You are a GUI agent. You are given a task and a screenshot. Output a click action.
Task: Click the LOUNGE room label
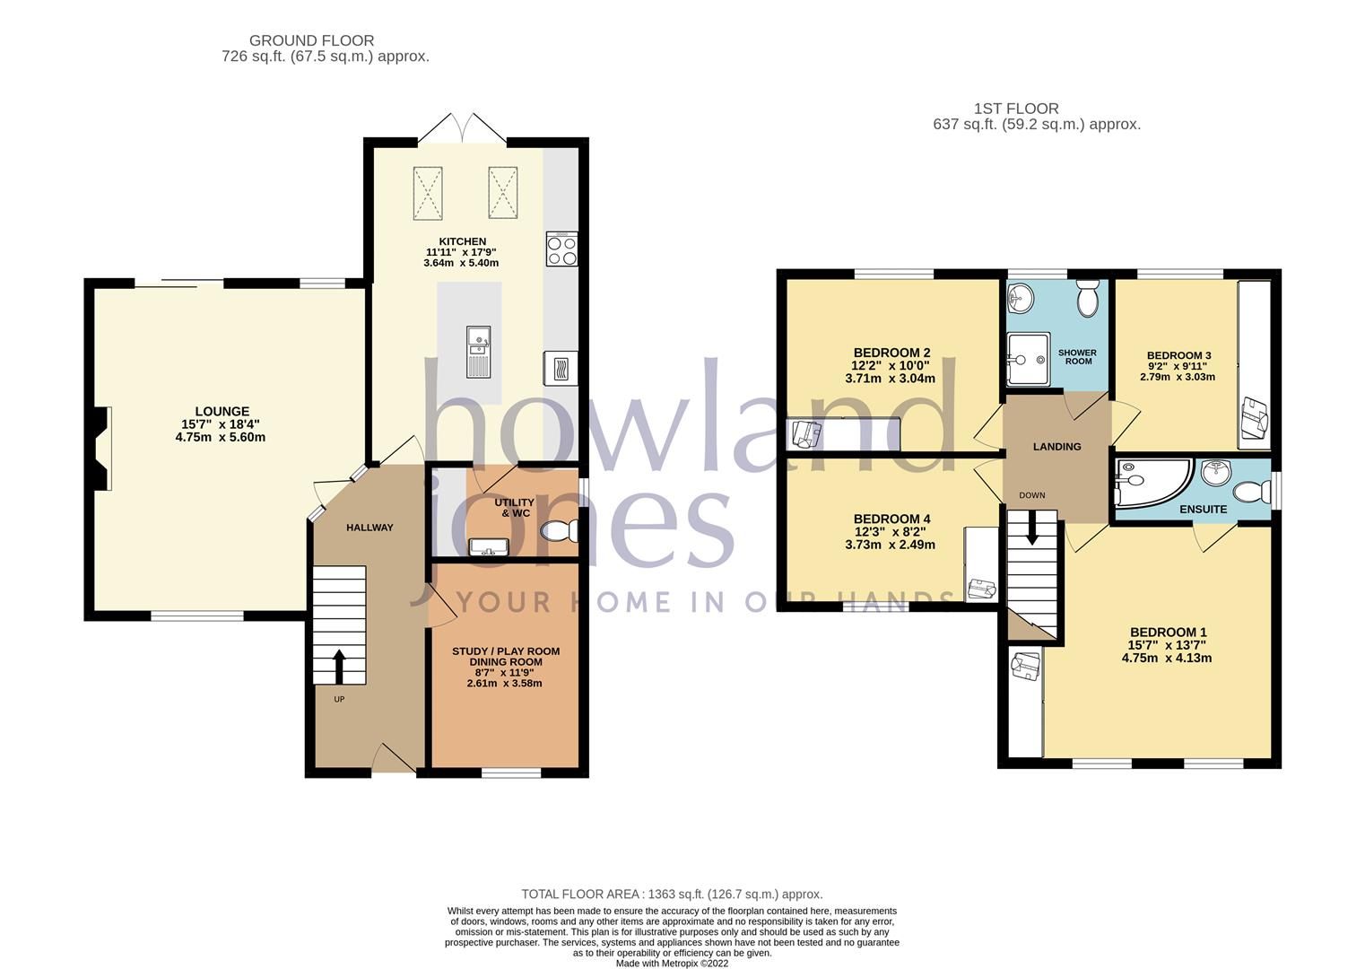[222, 412]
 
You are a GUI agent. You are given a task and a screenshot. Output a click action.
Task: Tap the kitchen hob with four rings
[561, 249]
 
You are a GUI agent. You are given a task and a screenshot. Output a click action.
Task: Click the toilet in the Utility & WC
[561, 531]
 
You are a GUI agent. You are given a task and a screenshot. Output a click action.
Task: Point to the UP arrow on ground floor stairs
[339, 667]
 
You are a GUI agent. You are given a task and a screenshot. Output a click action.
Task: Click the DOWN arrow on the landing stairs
[1031, 527]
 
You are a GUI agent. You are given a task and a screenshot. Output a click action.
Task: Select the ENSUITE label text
[1203, 509]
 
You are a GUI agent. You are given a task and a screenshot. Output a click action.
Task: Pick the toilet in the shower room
[1088, 299]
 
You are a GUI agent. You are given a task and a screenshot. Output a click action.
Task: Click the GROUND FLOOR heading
[311, 40]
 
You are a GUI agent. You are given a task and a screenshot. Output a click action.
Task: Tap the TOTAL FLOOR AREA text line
[672, 894]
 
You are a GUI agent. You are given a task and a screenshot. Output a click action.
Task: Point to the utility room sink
[489, 546]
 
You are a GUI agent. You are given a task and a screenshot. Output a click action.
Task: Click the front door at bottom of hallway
[393, 760]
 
